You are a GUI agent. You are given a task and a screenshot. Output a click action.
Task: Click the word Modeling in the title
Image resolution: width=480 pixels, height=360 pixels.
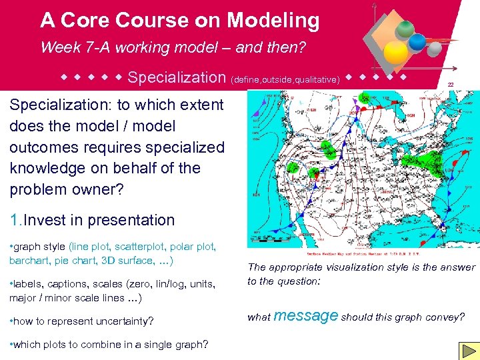point(273,21)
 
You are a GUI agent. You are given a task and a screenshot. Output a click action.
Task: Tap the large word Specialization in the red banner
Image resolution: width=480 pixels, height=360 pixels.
point(177,78)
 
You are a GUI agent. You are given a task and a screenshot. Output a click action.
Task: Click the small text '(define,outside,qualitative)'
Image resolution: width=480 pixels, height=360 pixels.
point(286,80)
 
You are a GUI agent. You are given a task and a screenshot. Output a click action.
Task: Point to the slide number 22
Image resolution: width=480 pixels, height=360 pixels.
point(451,84)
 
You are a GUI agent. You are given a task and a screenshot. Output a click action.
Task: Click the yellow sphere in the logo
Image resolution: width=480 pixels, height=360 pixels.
point(396,51)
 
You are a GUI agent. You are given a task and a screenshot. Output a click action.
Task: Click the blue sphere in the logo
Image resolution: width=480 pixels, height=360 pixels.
point(417,42)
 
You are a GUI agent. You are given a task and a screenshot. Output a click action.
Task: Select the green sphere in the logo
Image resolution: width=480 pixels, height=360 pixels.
point(405,29)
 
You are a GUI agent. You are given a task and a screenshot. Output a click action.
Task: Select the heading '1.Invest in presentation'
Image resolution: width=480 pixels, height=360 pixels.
point(92,220)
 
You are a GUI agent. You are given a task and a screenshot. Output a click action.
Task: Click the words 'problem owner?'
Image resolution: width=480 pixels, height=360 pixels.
point(67,189)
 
